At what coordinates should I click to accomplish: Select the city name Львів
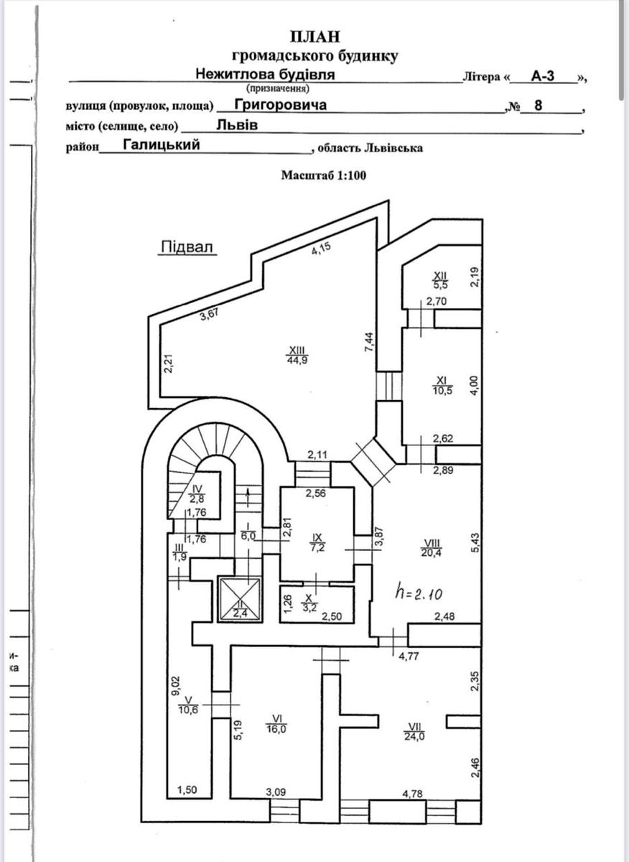[237, 124]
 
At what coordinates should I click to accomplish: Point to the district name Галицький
[161, 144]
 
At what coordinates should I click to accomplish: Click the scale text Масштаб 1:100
[324, 175]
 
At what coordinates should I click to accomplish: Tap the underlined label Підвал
[187, 248]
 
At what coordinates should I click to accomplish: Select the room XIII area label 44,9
[296, 361]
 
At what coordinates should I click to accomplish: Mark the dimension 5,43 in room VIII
[473, 539]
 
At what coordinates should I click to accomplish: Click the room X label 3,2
[309, 603]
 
